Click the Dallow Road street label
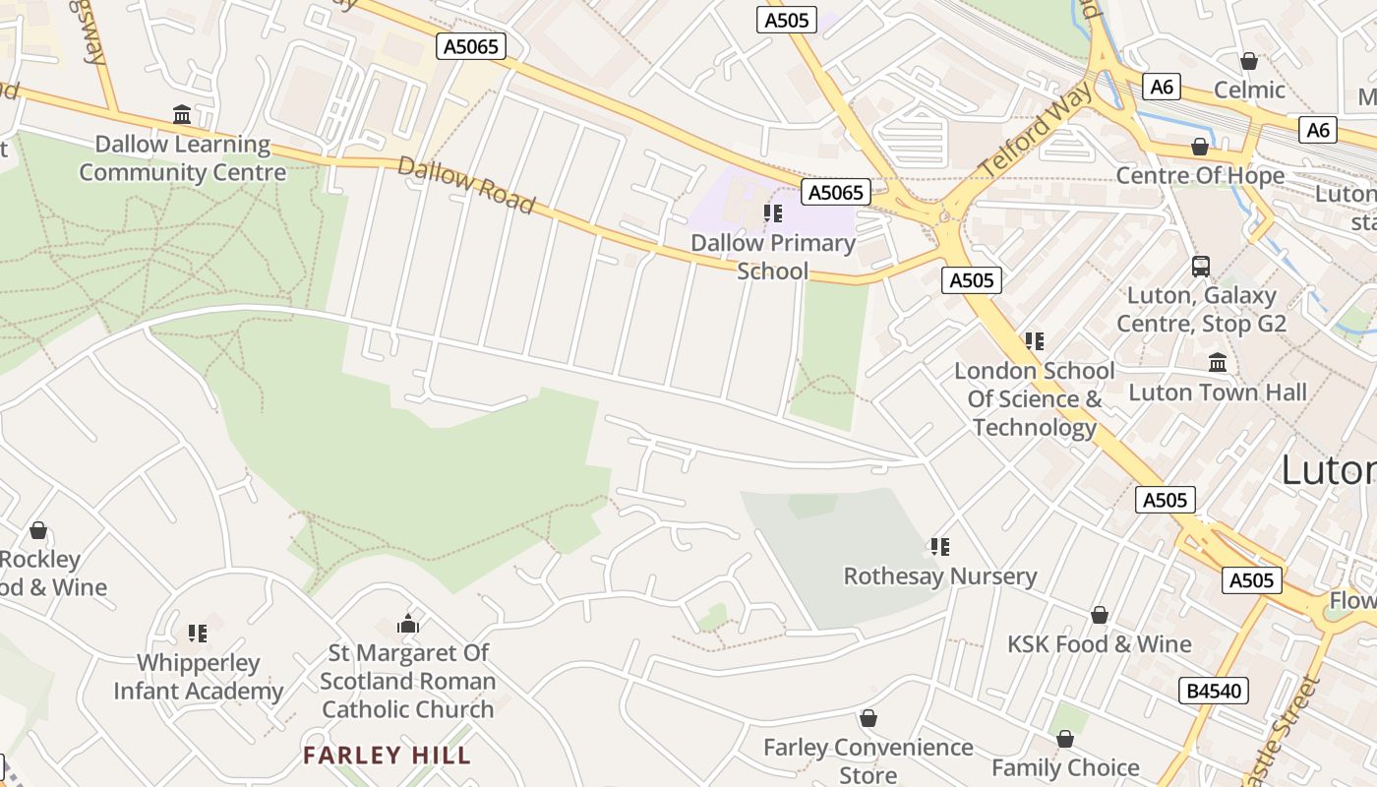pos(467,185)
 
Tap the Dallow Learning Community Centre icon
pos(182,115)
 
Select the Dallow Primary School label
pos(773,257)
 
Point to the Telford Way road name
pos(1038,131)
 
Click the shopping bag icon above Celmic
pos(1249,61)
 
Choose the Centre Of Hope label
pos(1200,175)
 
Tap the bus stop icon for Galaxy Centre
pos(1201,266)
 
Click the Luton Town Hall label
pos(1218,392)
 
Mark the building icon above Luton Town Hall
pos(1218,362)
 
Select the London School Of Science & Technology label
pos(1035,398)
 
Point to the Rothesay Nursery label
pos(940,575)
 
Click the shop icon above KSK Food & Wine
pos(1100,615)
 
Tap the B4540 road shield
pos(1214,691)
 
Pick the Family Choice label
pos(1065,767)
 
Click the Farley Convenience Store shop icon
pos(868,719)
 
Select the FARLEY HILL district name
pos(387,756)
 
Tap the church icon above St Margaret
pos(408,624)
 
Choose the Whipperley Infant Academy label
pos(199,677)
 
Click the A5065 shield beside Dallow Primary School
pos(836,193)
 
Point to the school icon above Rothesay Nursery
pos(940,546)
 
